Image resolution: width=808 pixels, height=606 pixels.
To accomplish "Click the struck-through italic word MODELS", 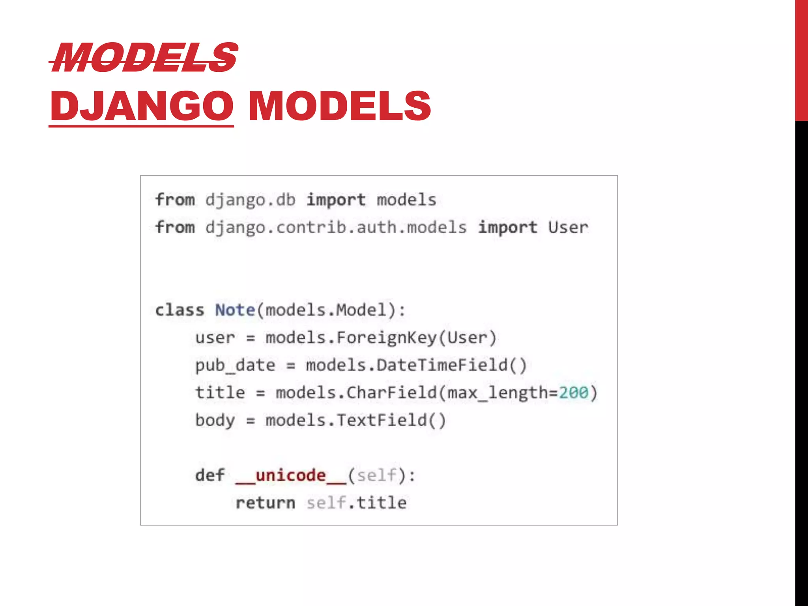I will (144, 58).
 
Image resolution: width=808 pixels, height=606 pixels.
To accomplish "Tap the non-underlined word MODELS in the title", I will (339, 106).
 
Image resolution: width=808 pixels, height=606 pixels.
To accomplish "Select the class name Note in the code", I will (235, 310).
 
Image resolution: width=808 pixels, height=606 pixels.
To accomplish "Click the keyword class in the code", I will (180, 310).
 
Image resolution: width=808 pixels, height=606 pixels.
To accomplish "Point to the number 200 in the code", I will (574, 393).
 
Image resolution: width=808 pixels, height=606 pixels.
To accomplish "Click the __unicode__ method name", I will (291, 475).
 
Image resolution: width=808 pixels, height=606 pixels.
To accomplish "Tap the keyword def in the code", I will (210, 475).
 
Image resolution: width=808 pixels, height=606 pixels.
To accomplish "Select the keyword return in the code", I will (266, 503).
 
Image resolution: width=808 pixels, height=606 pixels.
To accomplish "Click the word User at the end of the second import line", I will (568, 228).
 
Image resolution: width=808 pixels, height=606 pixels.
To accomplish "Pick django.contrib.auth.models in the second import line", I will (336, 228).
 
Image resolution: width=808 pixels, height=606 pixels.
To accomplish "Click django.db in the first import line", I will (250, 200).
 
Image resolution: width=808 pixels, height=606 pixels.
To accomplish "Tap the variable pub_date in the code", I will (235, 365).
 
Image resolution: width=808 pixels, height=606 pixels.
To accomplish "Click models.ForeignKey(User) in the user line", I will (381, 338).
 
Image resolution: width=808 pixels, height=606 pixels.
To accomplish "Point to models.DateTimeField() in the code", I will (416, 365).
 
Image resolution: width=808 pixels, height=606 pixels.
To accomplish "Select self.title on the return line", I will (357, 503).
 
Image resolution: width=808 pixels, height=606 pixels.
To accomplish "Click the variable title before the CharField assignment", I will (220, 393).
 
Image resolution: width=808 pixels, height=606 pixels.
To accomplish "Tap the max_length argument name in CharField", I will (497, 393).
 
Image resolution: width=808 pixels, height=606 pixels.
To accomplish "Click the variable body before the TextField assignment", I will (215, 420).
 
